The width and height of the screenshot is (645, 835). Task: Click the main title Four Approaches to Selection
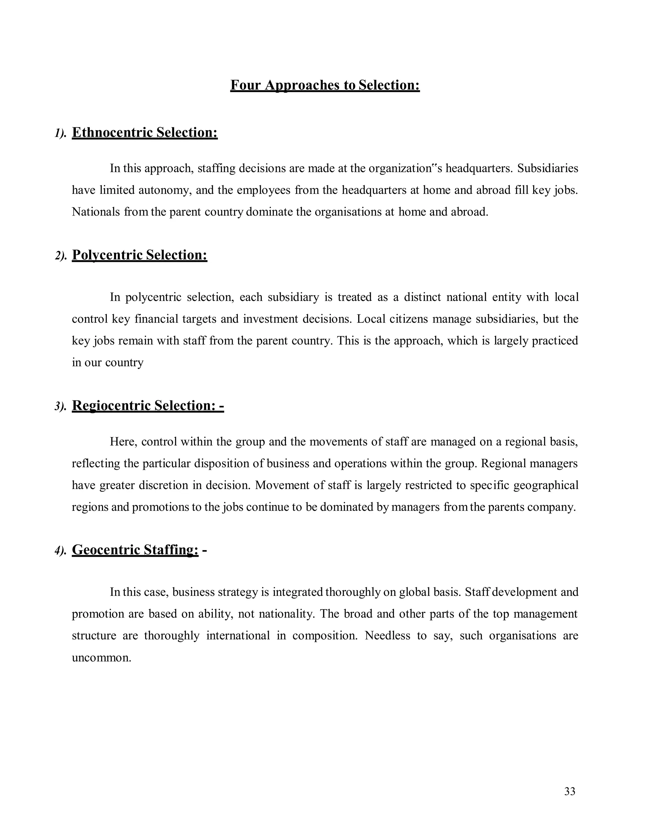coord(325,85)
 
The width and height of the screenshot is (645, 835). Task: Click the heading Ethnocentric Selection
coord(145,132)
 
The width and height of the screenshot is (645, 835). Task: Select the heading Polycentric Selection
coord(140,255)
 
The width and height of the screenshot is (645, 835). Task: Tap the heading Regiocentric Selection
coord(147,405)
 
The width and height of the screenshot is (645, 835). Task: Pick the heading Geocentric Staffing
coord(135,550)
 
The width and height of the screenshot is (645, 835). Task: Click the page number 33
coord(569,791)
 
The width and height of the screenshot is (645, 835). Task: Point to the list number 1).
coord(60,133)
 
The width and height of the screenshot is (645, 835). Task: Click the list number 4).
coord(60,550)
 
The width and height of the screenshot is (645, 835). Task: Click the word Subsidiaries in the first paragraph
coord(548,168)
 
